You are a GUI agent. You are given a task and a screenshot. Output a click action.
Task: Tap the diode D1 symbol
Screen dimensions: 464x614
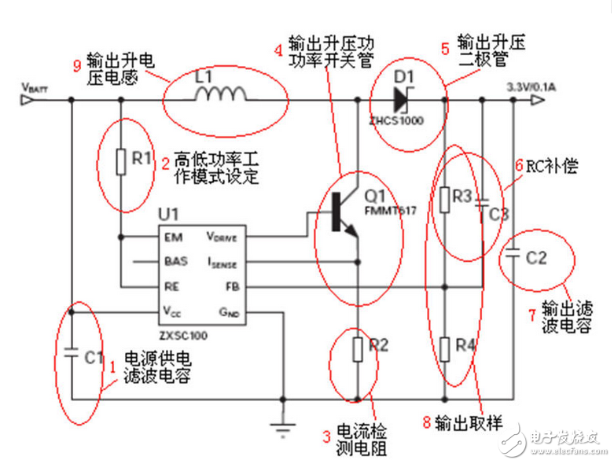403,99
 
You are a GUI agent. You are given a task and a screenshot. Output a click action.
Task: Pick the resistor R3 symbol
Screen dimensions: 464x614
445,197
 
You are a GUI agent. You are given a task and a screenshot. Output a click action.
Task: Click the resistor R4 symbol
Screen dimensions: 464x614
445,347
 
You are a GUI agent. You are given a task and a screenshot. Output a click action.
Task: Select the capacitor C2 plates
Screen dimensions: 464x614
513,255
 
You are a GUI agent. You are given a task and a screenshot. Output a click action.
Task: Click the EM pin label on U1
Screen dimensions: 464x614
172,236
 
